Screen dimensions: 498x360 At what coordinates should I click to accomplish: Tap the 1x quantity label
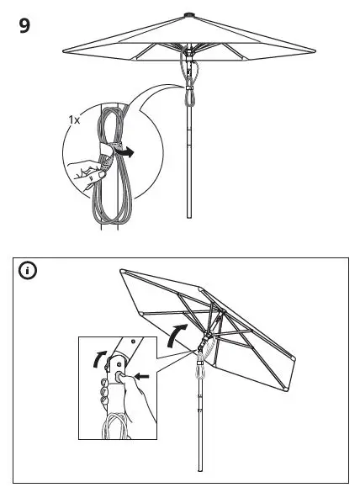[x=74, y=120]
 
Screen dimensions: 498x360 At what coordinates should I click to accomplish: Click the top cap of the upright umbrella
[x=190, y=14]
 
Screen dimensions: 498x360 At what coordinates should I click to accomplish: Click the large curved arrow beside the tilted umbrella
[x=176, y=331]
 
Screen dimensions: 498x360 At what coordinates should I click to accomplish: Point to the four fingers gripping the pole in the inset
[x=102, y=392]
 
